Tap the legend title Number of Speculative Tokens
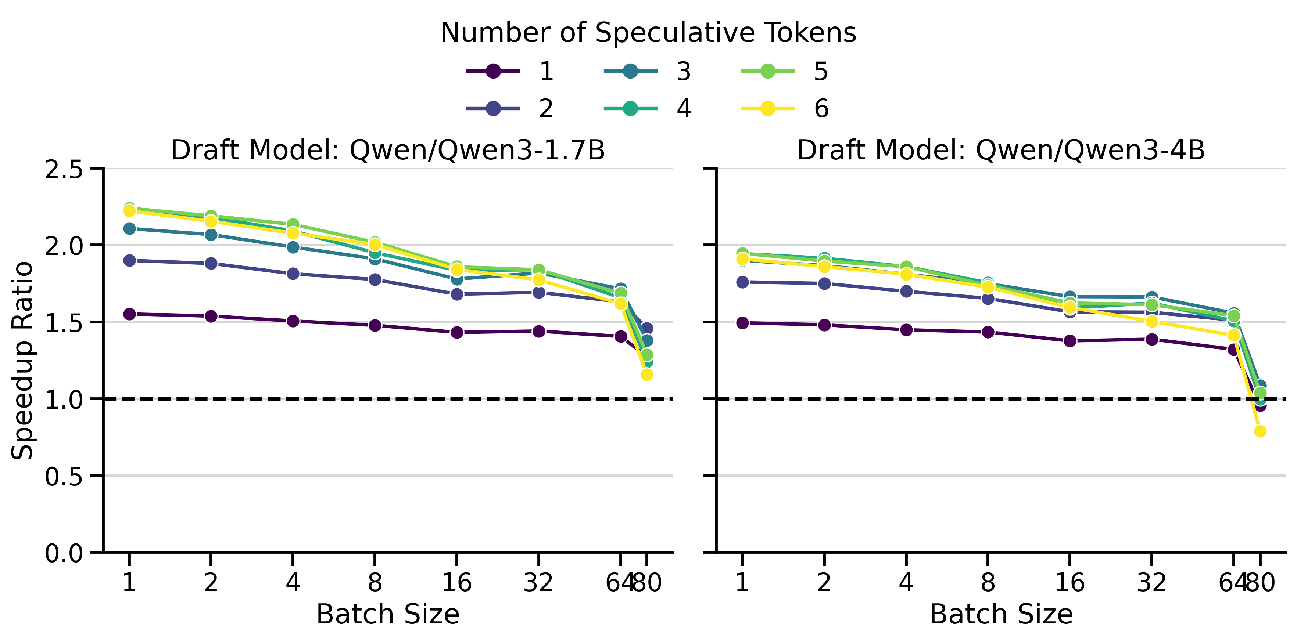[x=648, y=33]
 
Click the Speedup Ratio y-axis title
[x=23, y=360]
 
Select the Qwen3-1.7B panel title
[x=388, y=150]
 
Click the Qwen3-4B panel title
[x=1001, y=150]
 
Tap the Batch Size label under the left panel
[x=388, y=614]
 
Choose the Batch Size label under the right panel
[x=1001, y=614]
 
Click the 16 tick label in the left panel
[x=457, y=583]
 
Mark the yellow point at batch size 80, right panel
[x=1260, y=431]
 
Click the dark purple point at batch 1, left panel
[x=129, y=314]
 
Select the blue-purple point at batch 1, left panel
[x=129, y=261]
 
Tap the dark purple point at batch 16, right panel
[x=1070, y=341]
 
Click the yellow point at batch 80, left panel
[x=647, y=375]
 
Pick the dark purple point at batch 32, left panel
[x=539, y=331]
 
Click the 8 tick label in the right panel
[x=988, y=583]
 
